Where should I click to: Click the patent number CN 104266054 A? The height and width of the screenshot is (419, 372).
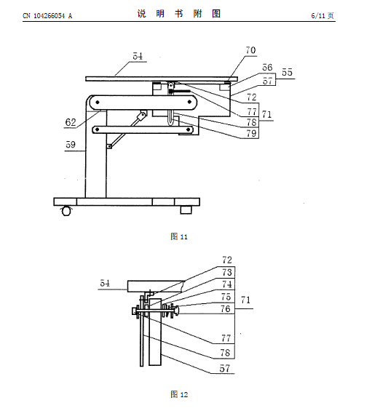click(47, 16)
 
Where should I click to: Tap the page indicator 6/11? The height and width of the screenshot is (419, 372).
click(318, 16)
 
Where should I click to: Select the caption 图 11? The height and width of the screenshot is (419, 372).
click(179, 236)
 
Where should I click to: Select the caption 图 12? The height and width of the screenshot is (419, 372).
click(179, 394)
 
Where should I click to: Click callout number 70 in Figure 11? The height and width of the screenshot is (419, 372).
click(250, 50)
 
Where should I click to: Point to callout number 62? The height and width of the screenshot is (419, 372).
click(71, 122)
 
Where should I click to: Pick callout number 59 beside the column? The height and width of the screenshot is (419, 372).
click(71, 145)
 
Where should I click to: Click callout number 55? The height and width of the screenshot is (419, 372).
click(287, 72)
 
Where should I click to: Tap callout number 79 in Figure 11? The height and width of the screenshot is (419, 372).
click(251, 133)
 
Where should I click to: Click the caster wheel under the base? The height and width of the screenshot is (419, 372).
click(66, 211)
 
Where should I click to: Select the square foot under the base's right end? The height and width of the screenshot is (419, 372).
click(186, 209)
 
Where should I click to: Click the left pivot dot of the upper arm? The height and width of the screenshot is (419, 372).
click(98, 102)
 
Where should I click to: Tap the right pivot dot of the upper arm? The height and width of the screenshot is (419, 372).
click(189, 102)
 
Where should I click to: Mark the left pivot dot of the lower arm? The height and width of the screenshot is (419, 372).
click(98, 129)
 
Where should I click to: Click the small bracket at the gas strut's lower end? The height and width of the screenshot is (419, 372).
click(109, 146)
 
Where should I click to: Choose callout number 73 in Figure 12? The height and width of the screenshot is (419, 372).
click(227, 273)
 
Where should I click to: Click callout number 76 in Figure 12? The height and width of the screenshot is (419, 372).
click(226, 309)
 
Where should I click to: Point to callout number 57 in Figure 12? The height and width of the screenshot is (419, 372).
click(225, 369)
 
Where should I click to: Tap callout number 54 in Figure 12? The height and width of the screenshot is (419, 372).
click(105, 283)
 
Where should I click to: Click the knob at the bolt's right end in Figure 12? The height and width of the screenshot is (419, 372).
click(176, 311)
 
